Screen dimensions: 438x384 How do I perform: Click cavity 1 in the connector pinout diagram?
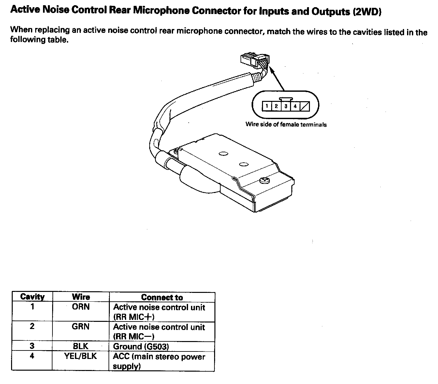point(267,106)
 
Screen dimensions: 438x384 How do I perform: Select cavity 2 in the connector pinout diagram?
point(276,106)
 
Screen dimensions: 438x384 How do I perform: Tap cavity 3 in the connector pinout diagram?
point(286,106)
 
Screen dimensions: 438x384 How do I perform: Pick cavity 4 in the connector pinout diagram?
point(295,106)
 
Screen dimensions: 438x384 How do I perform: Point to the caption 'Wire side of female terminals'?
point(286,124)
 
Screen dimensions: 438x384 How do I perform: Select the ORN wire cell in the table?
point(80,307)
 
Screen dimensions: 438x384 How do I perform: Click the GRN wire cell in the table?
point(80,326)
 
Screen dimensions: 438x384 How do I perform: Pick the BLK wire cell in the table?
point(80,346)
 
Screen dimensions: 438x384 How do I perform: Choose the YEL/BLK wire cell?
point(80,356)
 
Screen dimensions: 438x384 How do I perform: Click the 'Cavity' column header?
point(32,297)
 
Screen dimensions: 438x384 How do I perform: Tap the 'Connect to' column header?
point(162,297)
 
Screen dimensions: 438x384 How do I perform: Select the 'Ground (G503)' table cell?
point(141,347)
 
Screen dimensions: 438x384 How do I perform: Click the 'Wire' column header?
point(80,297)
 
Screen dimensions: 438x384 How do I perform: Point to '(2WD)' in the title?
point(367,12)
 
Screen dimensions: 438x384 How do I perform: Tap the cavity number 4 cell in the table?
point(32,356)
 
